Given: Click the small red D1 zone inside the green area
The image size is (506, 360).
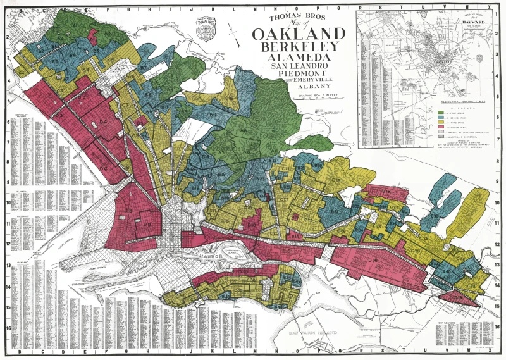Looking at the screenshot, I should click(x=93, y=34).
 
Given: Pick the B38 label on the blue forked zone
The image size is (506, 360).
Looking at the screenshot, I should click(x=435, y=215).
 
